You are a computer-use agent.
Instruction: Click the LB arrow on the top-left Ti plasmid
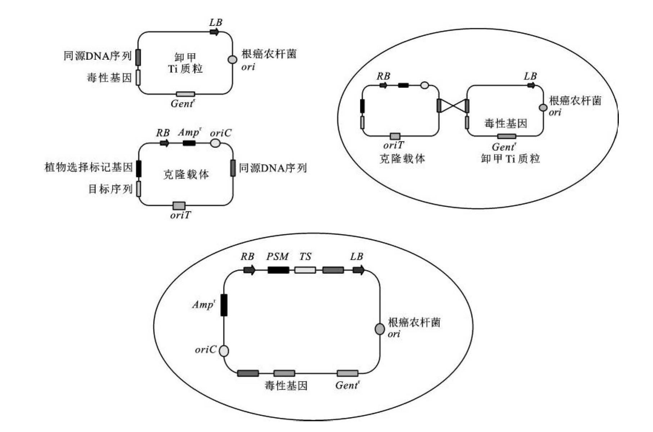click(214, 32)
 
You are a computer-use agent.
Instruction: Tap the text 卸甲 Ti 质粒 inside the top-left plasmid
click(185, 63)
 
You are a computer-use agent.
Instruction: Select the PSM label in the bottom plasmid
click(277, 257)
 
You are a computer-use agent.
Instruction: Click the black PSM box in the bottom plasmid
click(278, 270)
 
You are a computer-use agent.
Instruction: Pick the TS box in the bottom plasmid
click(305, 270)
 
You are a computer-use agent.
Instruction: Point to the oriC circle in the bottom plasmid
click(224, 351)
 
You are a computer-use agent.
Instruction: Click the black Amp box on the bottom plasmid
click(224, 305)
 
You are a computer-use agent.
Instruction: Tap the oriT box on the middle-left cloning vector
click(179, 206)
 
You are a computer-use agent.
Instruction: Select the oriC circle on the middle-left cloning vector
click(215, 143)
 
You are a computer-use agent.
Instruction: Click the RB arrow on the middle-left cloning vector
click(164, 143)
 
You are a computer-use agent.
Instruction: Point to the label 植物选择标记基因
click(89, 168)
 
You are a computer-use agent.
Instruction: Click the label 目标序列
click(110, 189)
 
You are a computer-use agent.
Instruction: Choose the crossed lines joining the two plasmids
click(453, 106)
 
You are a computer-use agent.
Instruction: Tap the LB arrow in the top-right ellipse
click(531, 86)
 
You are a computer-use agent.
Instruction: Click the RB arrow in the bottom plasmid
click(249, 270)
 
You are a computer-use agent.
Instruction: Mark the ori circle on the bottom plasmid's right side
click(380, 329)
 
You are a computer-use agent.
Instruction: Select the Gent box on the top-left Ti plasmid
click(185, 94)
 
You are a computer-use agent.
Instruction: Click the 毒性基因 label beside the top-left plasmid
click(109, 78)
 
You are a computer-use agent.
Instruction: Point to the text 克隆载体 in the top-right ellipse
click(402, 159)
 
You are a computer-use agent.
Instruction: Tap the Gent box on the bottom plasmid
click(348, 373)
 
